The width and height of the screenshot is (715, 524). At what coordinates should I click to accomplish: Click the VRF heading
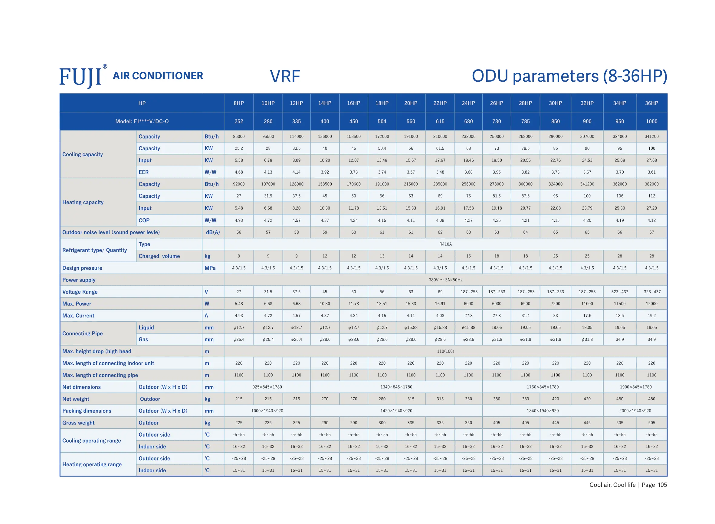coord(285,76)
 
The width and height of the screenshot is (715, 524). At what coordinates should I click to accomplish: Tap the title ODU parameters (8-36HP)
coord(569,76)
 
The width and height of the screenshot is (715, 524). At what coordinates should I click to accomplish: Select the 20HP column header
coord(411,103)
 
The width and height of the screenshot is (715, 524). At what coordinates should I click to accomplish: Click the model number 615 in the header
coord(440,121)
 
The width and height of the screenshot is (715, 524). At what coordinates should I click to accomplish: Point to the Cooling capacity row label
coord(83,155)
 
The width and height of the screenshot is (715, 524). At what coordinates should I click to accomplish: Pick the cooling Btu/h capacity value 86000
coord(239,136)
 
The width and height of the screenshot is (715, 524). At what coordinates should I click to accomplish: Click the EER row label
coord(143,172)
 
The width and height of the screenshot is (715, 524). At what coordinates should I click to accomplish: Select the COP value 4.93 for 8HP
coord(239,220)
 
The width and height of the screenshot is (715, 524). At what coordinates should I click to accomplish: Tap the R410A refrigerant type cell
coord(445,244)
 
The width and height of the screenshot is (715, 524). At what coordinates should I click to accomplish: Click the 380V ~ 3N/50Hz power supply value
coord(445,280)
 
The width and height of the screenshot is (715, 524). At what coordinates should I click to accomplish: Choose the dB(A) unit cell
coord(213,232)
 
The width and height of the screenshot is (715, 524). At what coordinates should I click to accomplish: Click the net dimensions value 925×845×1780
coord(267,387)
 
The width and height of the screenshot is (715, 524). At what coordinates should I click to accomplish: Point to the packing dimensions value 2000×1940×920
coord(635,411)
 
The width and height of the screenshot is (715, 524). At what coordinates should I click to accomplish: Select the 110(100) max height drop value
coord(445,351)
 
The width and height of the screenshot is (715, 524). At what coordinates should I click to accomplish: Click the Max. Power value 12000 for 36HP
coord(651,304)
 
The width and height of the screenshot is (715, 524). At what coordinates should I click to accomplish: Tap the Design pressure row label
coord(82,268)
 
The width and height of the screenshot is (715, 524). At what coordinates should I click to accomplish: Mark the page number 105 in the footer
coord(662,485)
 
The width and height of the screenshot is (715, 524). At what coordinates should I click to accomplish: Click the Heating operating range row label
coord(92,464)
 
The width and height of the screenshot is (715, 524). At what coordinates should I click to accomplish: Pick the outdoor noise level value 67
coord(651,232)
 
